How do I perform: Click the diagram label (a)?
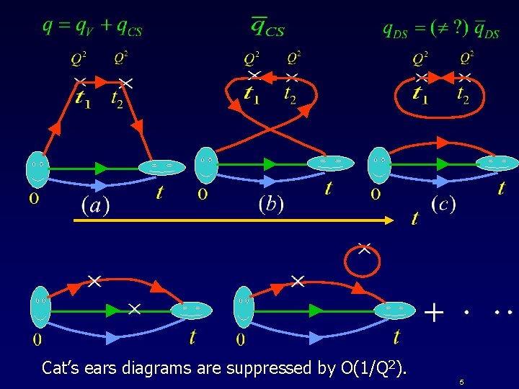(x=95, y=205)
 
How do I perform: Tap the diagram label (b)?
(x=271, y=204)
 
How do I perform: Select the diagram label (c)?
(x=443, y=204)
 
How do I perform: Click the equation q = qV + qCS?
(x=92, y=27)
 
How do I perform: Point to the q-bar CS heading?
(x=267, y=27)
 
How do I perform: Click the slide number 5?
(x=461, y=381)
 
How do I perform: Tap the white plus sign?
(x=432, y=313)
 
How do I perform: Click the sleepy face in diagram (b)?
(x=331, y=164)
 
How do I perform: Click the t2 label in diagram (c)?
(x=463, y=94)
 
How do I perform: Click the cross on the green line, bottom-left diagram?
(x=134, y=309)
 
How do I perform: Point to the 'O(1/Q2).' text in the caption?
(x=374, y=369)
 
